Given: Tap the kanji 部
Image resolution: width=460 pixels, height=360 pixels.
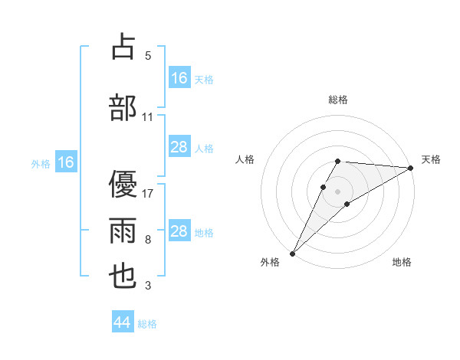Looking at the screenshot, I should [x=123, y=107].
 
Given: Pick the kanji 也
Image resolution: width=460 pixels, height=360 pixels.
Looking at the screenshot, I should [x=123, y=277].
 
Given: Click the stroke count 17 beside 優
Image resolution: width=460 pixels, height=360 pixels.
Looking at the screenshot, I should [x=149, y=193].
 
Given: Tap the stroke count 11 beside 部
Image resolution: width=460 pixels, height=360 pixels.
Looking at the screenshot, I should [x=148, y=117].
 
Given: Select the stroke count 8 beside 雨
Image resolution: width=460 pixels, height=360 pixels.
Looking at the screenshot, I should [x=148, y=240].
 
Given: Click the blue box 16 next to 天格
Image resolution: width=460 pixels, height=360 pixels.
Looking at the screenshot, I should [x=179, y=78].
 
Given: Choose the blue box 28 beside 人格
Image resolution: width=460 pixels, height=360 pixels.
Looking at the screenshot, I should [x=179, y=147].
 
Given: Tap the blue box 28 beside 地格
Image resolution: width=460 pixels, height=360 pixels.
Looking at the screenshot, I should [x=179, y=231].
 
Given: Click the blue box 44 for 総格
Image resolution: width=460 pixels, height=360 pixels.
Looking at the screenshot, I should [x=122, y=322].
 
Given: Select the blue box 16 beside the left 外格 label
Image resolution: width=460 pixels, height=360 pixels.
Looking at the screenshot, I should [x=66, y=162].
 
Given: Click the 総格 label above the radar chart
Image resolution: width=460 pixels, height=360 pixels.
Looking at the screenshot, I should [x=338, y=100].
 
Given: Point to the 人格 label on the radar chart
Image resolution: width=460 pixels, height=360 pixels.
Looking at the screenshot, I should [x=245, y=159].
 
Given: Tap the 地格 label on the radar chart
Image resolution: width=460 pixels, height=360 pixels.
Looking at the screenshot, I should [x=402, y=262].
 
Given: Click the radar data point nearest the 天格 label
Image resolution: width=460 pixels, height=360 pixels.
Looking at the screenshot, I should [x=411, y=168].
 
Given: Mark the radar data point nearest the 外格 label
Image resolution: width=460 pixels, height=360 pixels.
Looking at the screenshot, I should [x=292, y=252].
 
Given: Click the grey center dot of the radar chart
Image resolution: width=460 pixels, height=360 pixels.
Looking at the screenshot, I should [x=337, y=189].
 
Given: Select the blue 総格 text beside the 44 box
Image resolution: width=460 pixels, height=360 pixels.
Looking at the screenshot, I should [x=147, y=324].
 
